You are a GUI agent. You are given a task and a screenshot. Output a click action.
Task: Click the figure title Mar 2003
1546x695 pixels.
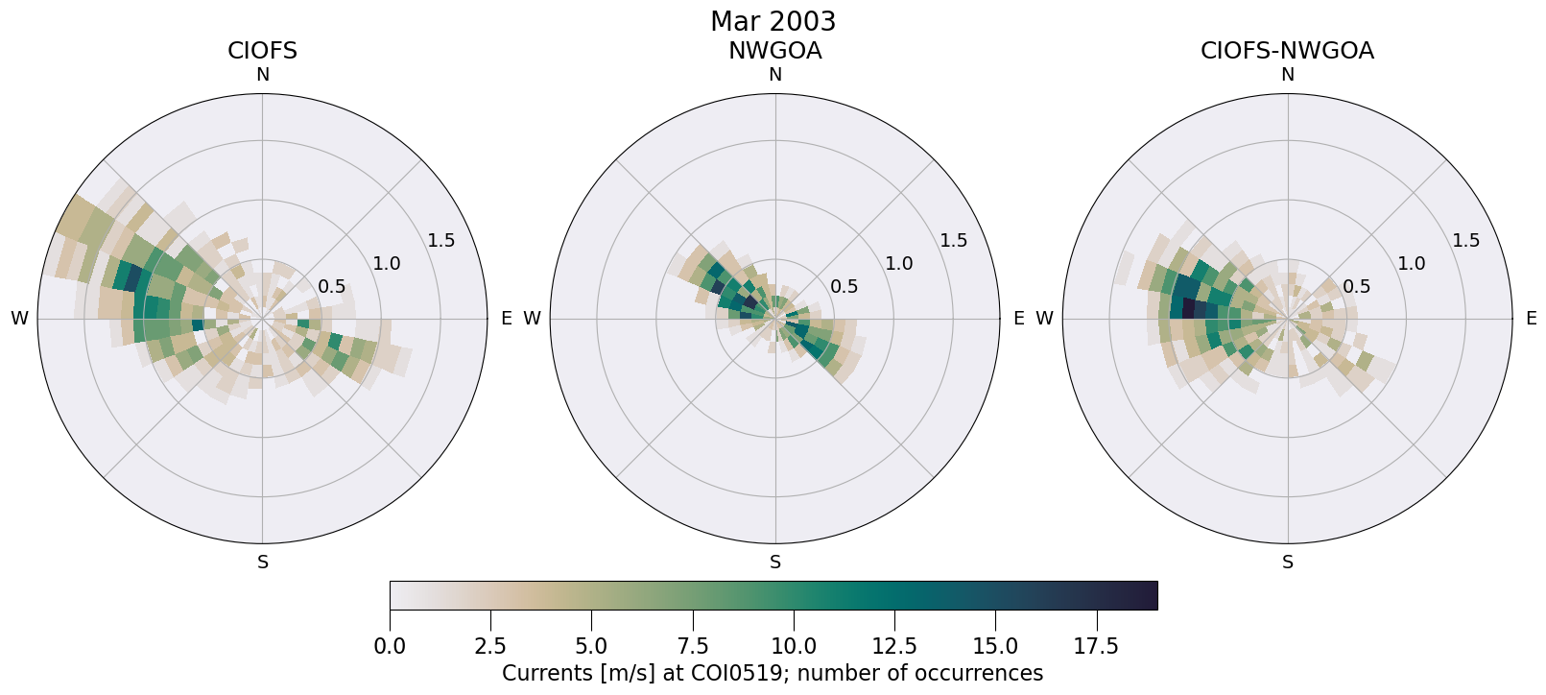point(773,21)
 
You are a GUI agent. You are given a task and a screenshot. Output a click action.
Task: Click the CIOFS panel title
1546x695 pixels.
point(262,51)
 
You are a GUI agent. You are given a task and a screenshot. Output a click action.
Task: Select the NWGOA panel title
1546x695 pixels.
point(774,51)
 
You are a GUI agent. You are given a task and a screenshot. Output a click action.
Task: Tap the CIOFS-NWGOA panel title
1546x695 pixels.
point(1287,51)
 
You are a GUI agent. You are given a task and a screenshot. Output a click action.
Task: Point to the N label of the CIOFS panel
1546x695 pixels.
point(262,75)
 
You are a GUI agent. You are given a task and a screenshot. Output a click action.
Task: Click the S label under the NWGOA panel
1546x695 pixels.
point(774,563)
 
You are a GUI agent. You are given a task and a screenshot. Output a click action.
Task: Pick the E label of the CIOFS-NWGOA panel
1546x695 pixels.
point(1531,319)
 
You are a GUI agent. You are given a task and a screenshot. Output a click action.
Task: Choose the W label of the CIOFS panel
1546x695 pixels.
point(19,319)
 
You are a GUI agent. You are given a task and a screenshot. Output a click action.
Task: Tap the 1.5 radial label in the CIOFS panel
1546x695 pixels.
point(440,240)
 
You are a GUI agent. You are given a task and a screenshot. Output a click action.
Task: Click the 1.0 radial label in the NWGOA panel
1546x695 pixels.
point(898,263)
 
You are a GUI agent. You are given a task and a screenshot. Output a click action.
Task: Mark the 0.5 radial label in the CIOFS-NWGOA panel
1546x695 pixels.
point(1356,286)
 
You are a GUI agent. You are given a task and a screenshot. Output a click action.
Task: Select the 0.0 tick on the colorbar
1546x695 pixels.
point(390,646)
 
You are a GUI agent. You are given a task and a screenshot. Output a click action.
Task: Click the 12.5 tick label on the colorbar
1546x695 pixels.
point(894,646)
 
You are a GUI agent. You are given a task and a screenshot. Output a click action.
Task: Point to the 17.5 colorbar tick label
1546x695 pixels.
point(1096,646)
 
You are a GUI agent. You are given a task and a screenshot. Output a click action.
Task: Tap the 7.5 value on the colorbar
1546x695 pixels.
point(693,646)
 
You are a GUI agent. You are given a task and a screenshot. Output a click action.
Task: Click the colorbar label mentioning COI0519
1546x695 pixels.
point(773,673)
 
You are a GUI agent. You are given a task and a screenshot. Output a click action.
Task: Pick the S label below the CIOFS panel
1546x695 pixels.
point(262,563)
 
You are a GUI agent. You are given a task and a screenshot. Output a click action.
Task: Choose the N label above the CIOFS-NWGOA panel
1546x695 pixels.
point(1287,75)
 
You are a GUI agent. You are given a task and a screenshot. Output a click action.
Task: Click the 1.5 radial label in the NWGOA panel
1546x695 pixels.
point(953,240)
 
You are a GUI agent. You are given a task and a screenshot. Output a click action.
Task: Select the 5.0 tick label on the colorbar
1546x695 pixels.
point(591,646)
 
